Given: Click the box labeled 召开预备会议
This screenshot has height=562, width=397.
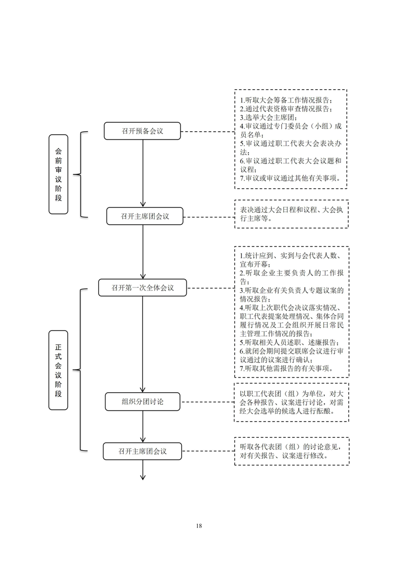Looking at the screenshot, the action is coord(142,131).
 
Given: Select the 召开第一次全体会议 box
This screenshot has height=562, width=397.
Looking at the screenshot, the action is coord(143,288).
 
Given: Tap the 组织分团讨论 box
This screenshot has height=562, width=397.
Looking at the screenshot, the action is coord(143,401).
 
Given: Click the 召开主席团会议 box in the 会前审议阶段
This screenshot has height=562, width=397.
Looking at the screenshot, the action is coord(145,216).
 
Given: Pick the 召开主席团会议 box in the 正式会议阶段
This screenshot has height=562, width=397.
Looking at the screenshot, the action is coord(143,451).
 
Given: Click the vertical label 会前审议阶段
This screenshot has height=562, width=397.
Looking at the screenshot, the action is coord(59,174).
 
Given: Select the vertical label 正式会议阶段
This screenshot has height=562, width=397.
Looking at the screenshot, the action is coord(59,370).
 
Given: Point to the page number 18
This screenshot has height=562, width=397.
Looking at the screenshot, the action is coord(199,526).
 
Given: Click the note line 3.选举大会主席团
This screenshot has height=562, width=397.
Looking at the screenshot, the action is coord(269,118).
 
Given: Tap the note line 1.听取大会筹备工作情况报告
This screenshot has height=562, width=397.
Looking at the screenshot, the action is coord(286,100).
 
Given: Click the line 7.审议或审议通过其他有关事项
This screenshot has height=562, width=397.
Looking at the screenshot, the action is coord(290,178).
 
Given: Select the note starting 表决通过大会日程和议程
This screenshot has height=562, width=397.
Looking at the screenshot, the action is coord(291,214).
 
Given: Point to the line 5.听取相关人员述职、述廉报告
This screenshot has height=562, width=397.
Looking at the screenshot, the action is coord(289,342).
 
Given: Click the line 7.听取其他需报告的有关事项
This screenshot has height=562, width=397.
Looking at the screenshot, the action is coord(287,369).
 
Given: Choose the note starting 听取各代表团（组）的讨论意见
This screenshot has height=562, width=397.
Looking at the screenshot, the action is coord(290,451).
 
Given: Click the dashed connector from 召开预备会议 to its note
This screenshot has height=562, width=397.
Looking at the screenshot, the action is coord(207,132).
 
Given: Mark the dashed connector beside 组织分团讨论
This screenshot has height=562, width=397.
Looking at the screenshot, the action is coord(207,402).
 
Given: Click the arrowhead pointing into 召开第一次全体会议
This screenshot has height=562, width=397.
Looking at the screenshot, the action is coord(143,276).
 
